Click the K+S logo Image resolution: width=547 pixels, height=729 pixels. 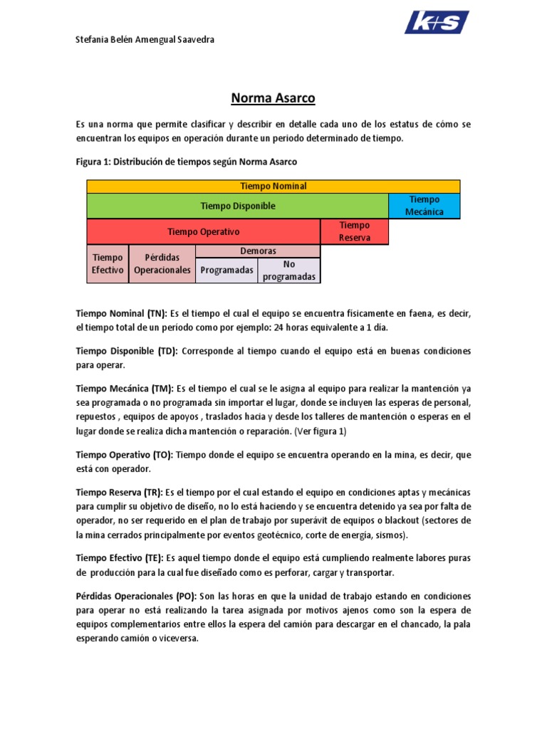tap(437, 22)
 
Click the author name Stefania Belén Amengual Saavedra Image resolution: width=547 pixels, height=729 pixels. tap(145, 40)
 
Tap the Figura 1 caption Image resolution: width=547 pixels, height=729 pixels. tap(186, 162)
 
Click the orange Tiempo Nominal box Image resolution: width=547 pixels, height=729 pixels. tap(273, 187)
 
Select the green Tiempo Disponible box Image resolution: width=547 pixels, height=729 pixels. tap(237, 206)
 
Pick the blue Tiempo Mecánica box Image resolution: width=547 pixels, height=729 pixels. tap(424, 206)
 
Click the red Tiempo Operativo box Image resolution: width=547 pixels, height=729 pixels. tap(203, 231)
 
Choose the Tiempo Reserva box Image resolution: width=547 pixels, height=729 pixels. tap(354, 231)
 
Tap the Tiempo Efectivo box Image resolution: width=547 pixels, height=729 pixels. tap(107, 263)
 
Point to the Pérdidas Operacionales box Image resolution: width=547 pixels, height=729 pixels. tap(162, 263)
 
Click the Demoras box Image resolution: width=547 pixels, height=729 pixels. tap(257, 251)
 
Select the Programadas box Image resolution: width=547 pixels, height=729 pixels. tap(226, 271)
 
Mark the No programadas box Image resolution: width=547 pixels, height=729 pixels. tap(288, 271)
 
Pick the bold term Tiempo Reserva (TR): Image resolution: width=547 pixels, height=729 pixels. tap(119, 493)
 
